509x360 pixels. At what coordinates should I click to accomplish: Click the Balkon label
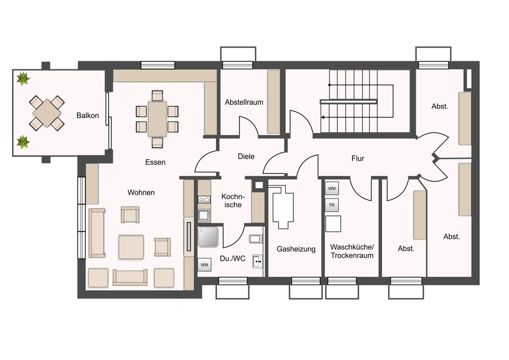pos(87,115)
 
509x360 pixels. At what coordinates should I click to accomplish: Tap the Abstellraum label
pos(244,102)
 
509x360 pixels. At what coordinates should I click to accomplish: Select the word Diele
pos(246,156)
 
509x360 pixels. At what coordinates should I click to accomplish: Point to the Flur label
pos(358,158)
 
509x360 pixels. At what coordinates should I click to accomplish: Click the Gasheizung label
pos(296,249)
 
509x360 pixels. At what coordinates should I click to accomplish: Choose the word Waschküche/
pos(352,247)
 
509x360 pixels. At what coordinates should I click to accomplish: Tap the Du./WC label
pos(232,259)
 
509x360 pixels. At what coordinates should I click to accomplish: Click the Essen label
pos(155,162)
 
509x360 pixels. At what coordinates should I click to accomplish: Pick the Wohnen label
pos(141,192)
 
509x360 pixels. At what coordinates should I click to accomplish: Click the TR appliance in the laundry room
pos(332,205)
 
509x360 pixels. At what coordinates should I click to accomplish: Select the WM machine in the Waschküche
pos(332,189)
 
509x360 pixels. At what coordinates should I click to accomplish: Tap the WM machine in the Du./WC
pos(204,265)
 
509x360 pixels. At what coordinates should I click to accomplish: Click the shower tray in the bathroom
pos(208,237)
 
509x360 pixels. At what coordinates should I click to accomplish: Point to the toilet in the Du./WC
pos(256,239)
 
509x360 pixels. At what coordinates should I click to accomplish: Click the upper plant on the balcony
pos(23,78)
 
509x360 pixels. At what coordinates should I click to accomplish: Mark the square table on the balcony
pos(47,113)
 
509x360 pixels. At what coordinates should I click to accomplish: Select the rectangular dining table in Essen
pos(157,119)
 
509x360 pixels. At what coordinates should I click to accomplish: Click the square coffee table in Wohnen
pos(131,247)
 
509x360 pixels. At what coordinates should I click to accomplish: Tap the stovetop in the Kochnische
pos(204,199)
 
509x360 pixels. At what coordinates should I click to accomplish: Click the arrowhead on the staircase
pos(323,117)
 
